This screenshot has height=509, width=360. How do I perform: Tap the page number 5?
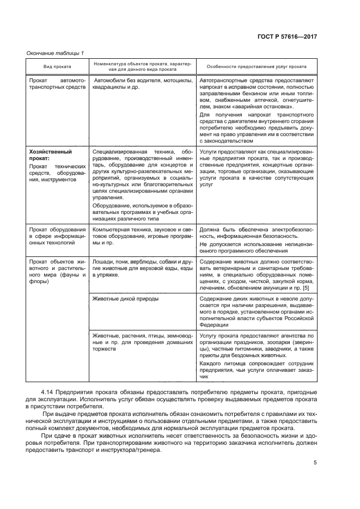tap(315, 463)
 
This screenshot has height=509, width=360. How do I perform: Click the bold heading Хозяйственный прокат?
tap(50, 155)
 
